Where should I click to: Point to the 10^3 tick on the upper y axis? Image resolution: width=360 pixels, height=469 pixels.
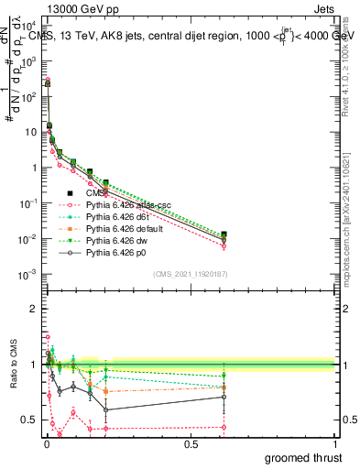point(29,60)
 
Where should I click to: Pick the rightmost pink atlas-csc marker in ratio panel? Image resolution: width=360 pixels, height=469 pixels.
point(224,427)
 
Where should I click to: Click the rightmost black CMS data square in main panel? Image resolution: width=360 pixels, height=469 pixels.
point(224,235)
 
